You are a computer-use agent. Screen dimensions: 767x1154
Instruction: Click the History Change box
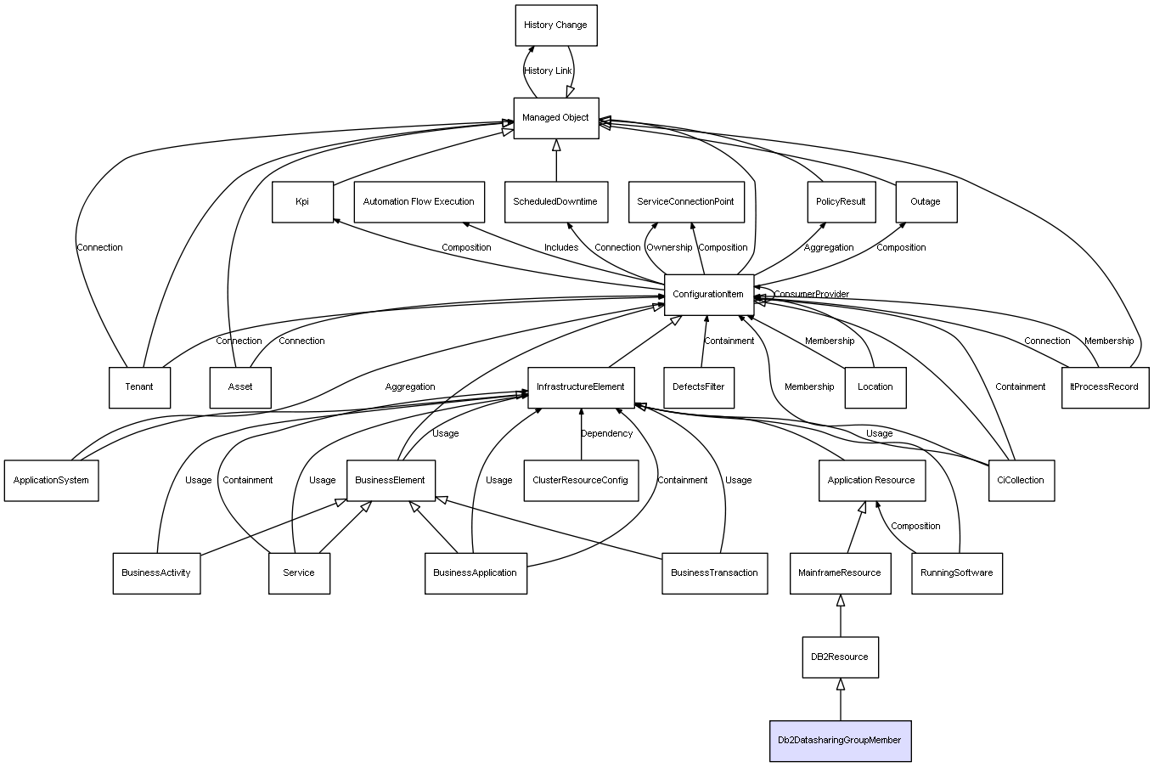tap(555, 25)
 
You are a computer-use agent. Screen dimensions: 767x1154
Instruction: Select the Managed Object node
tap(555, 118)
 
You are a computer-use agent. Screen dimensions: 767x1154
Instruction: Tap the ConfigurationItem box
tap(708, 295)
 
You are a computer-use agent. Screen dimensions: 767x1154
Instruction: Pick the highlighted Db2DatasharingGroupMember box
tap(840, 741)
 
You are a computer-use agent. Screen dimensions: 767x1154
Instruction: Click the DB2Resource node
tap(840, 657)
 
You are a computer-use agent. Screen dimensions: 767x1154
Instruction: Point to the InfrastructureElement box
tap(581, 387)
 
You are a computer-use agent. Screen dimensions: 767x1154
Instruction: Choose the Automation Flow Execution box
tap(419, 202)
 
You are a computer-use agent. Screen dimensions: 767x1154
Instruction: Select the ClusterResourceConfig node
tap(581, 481)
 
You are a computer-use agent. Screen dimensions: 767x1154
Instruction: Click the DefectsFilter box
tap(699, 387)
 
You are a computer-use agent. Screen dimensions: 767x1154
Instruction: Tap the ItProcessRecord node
tap(1104, 387)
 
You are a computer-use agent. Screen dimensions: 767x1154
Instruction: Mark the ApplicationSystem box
tap(51, 481)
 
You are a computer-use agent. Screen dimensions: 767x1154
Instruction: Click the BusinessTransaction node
tap(714, 573)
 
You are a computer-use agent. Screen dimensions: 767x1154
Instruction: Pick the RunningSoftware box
tap(956, 573)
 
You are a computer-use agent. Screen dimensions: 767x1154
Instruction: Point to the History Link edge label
tap(548, 71)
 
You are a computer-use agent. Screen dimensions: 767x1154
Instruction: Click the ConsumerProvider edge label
tap(811, 295)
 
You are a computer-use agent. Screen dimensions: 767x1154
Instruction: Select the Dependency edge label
tap(606, 434)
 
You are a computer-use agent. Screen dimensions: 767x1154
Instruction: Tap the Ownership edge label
tap(669, 248)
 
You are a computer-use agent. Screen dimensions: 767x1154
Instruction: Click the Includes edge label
tap(561, 248)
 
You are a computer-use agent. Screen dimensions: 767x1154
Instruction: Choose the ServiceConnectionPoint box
tap(685, 202)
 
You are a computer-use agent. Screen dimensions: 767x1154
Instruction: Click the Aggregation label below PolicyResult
tap(829, 248)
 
